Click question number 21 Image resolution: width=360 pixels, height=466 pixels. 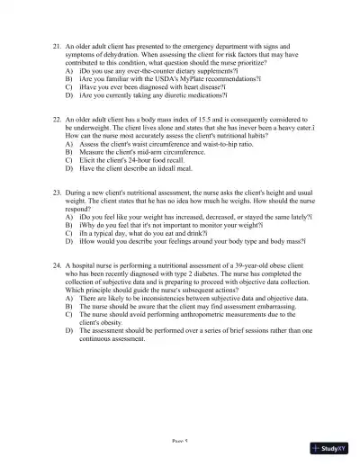coord(58,43)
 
